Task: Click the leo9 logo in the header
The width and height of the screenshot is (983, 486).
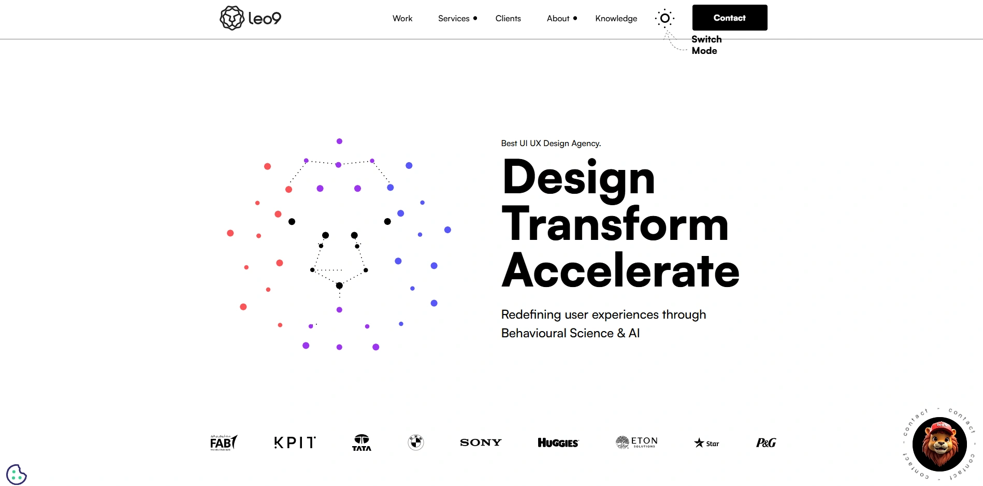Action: click(x=251, y=18)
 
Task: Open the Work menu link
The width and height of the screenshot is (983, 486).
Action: click(x=402, y=19)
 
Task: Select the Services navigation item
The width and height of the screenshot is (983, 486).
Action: click(x=454, y=19)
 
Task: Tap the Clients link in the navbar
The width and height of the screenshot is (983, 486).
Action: click(x=508, y=19)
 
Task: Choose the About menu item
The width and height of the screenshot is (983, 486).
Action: click(x=558, y=19)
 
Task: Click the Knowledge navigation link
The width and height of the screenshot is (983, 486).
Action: click(x=616, y=19)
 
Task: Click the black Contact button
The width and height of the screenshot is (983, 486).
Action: click(x=729, y=18)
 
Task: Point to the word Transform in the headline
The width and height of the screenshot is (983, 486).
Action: click(x=615, y=224)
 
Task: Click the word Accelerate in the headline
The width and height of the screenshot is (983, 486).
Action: click(x=620, y=270)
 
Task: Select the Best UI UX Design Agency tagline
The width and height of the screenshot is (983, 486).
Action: click(x=551, y=144)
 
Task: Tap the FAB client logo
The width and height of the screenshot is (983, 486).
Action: click(x=223, y=442)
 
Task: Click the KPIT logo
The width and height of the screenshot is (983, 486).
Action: click(x=295, y=442)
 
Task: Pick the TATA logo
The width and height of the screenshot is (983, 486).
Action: click(x=362, y=442)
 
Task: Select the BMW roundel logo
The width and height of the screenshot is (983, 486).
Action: click(x=415, y=442)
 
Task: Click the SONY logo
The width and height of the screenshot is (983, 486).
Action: click(x=481, y=442)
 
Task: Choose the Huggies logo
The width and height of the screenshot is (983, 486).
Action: click(x=558, y=442)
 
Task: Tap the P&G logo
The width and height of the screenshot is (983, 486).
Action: click(x=765, y=442)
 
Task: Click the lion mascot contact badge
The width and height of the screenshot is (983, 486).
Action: click(x=939, y=444)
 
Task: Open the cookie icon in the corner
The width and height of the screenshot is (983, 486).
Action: click(x=16, y=474)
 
